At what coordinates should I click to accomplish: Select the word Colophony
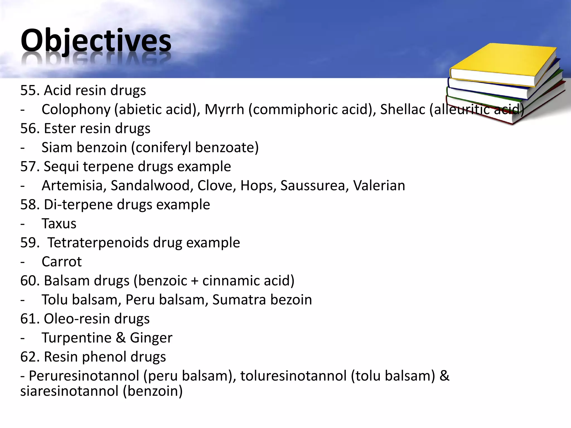[x=76, y=109]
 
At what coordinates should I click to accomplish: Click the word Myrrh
[x=224, y=109]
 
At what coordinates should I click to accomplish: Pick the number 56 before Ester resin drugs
[x=29, y=129]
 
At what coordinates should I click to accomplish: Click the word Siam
[x=57, y=147]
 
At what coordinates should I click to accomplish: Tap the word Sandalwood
[x=150, y=186]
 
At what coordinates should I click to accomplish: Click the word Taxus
[x=59, y=224]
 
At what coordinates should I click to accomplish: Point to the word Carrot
[x=62, y=262]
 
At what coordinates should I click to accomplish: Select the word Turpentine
[x=76, y=338]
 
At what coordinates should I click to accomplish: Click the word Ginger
[x=151, y=338]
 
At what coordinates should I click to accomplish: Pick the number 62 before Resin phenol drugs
[x=29, y=357]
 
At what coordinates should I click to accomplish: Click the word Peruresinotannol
[x=84, y=376]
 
